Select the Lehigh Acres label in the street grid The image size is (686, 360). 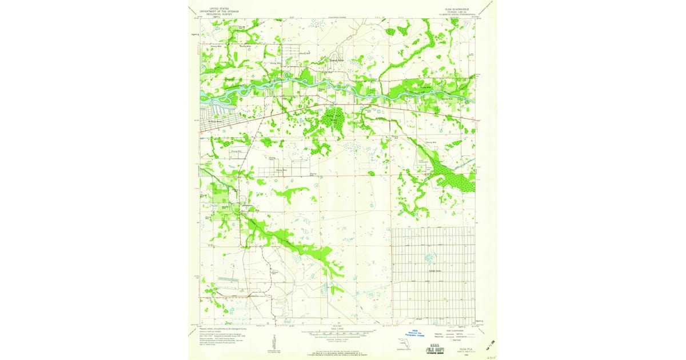coord(434,271)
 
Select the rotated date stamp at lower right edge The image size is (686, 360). coord(490,344)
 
